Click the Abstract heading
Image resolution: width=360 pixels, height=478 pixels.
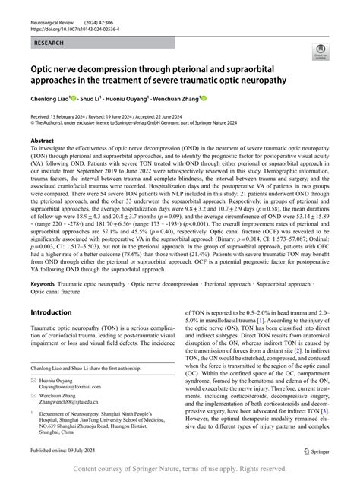pos(42,141)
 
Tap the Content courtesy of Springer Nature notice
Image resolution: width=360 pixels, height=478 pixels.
pos(180,469)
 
